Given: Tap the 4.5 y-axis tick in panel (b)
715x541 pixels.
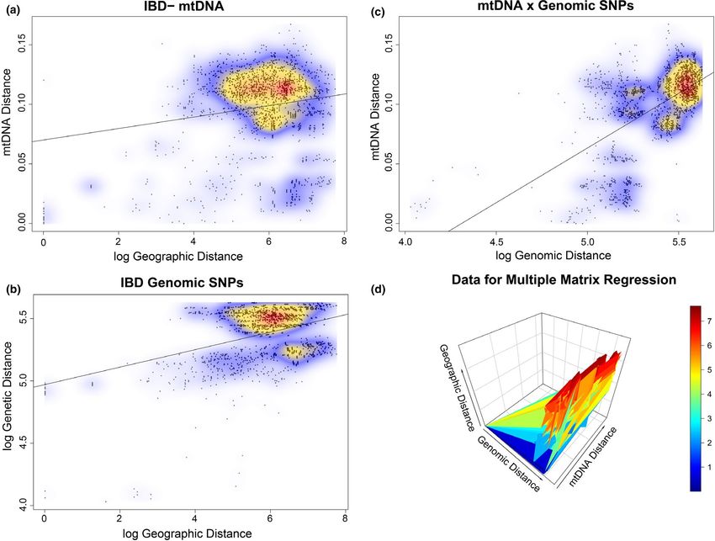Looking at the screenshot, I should tap(24, 443).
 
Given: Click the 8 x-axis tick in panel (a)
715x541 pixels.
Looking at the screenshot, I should tap(343, 241).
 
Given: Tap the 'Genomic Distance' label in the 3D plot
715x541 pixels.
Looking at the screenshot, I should tap(508, 464).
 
